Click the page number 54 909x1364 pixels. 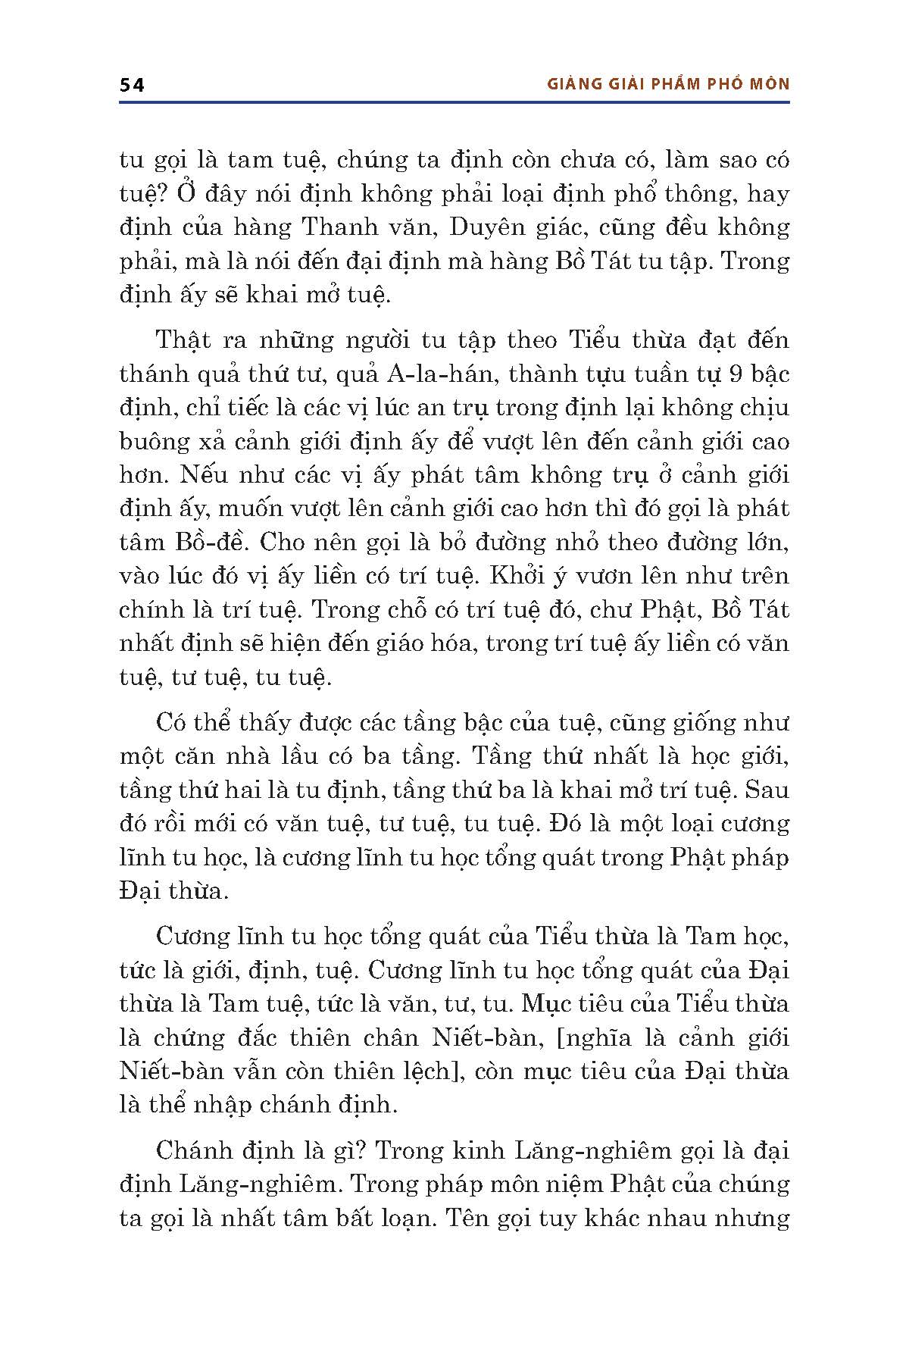[132, 85]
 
